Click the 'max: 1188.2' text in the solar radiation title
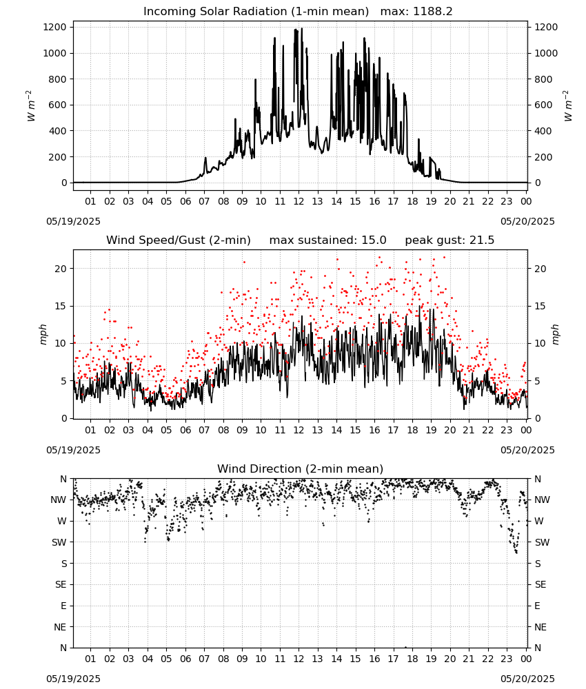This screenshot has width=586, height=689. pyautogui.click(x=416, y=12)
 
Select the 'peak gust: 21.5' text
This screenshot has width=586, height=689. pyautogui.click(x=449, y=240)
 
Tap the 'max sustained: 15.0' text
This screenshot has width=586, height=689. pyautogui.click(x=327, y=240)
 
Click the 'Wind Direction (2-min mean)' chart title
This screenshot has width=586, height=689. pyautogui.click(x=301, y=469)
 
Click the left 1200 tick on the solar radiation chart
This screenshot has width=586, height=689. pyautogui.click(x=55, y=28)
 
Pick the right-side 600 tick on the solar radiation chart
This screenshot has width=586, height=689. pyautogui.click(x=543, y=105)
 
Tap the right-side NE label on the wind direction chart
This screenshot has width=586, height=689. pyautogui.click(x=540, y=627)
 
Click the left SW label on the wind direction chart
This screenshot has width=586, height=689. pyautogui.click(x=59, y=542)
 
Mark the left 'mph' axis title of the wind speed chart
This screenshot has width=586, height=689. pyautogui.click(x=43, y=334)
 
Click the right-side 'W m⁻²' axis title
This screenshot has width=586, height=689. pyautogui.click(x=568, y=105)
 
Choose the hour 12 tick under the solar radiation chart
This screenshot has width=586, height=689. pyautogui.click(x=299, y=201)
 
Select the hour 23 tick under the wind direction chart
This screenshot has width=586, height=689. pyautogui.click(x=507, y=659)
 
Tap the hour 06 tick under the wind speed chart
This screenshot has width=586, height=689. pyautogui.click(x=185, y=430)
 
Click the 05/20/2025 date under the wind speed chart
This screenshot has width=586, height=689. pyautogui.click(x=527, y=450)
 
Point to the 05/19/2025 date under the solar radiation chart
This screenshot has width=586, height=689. pyautogui.click(x=73, y=221)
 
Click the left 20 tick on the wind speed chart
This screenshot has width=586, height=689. pyautogui.click(x=61, y=269)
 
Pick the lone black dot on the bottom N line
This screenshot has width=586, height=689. pyautogui.click(x=405, y=647)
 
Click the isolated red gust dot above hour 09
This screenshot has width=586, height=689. pyautogui.click(x=244, y=263)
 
